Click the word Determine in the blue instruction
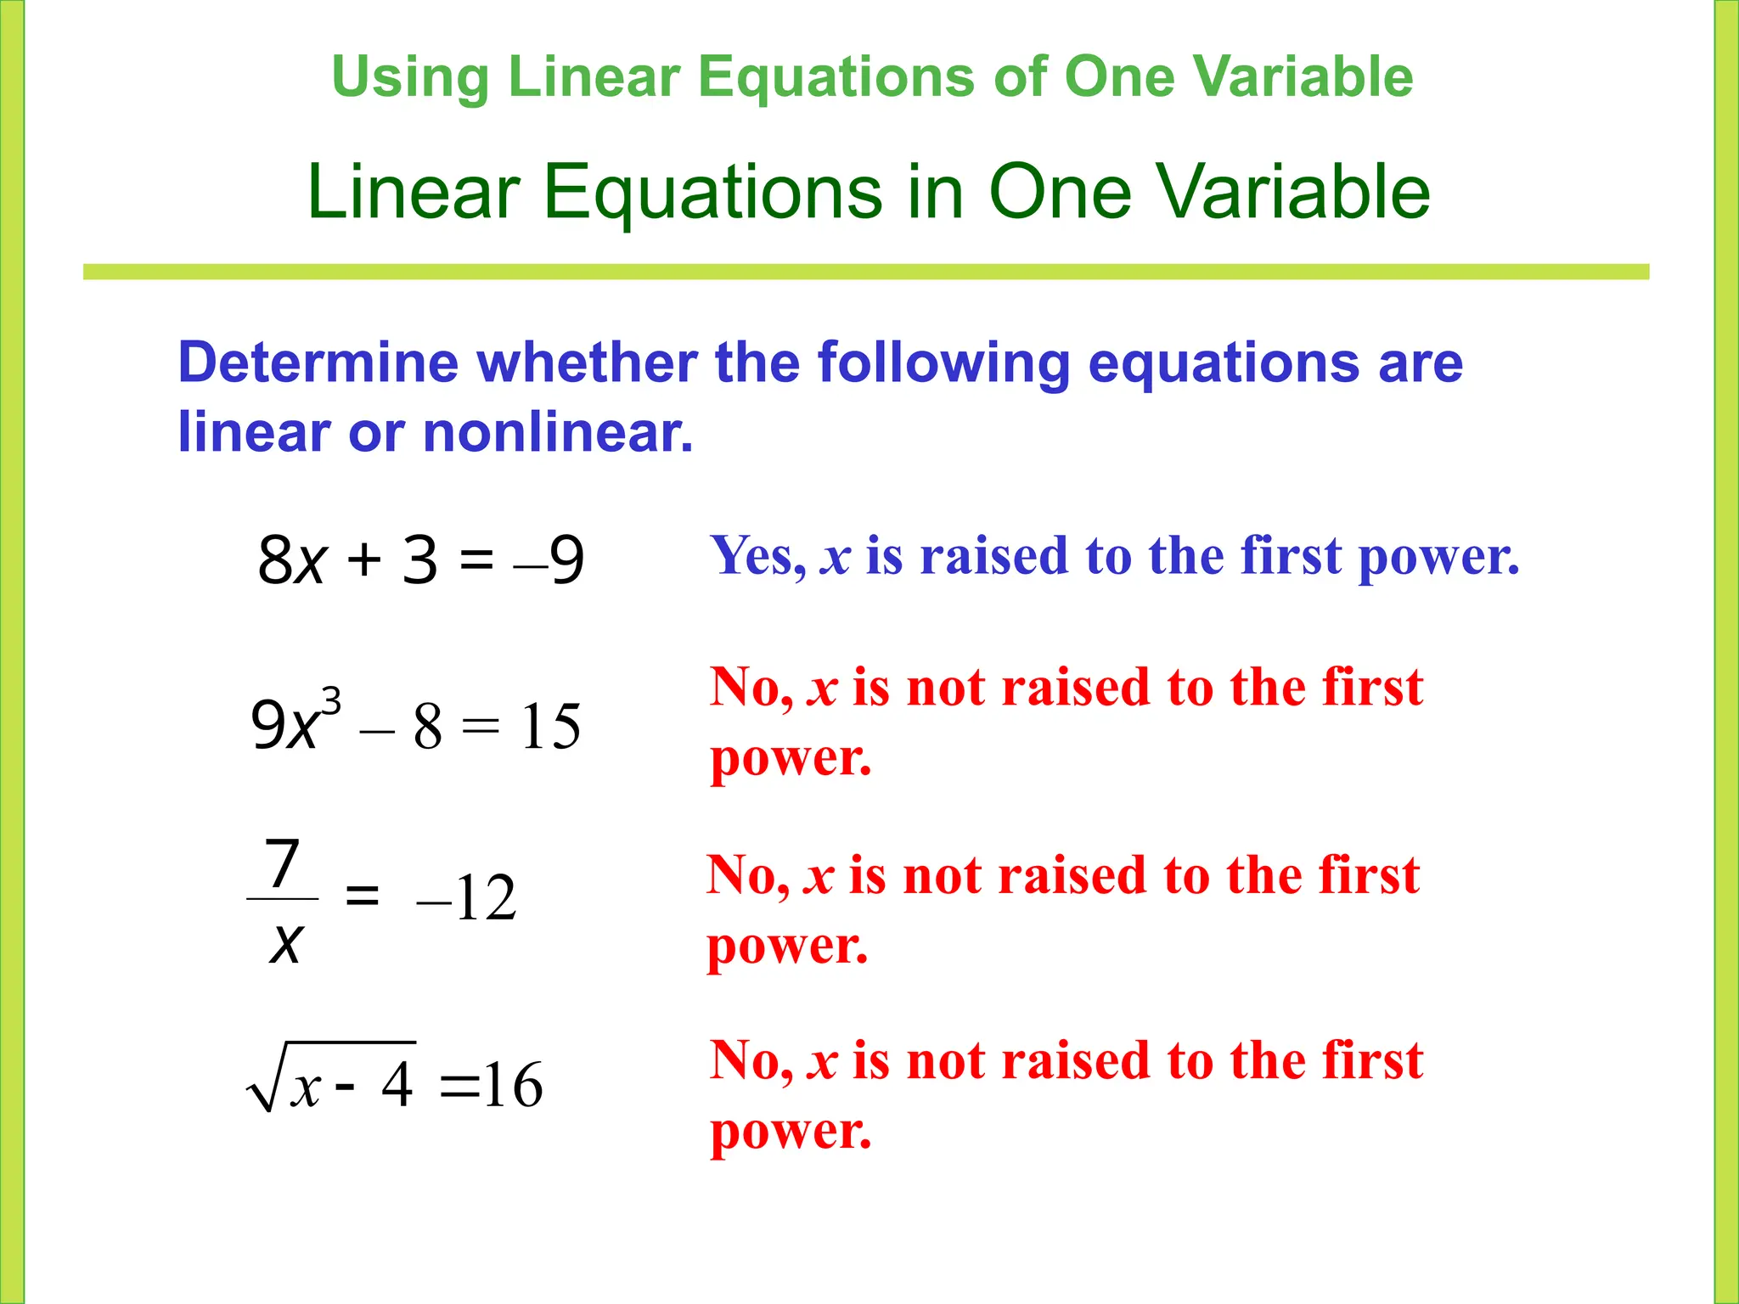(318, 363)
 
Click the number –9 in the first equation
(550, 560)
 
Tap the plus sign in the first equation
(363, 560)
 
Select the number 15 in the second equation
(550, 727)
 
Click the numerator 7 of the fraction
(283, 863)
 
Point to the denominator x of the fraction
(285, 942)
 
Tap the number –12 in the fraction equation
(466, 898)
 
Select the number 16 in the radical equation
(513, 1085)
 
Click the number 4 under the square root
(397, 1085)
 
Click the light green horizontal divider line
(866, 272)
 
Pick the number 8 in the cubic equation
(427, 727)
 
